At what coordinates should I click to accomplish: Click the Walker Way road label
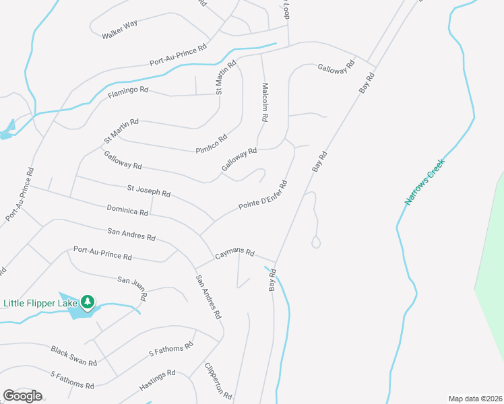pyautogui.click(x=119, y=29)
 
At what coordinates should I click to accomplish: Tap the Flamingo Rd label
pyautogui.click(x=127, y=90)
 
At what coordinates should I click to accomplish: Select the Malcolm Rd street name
pyautogui.click(x=265, y=102)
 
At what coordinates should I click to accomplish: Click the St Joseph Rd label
pyautogui.click(x=148, y=191)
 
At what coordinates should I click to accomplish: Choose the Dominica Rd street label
pyautogui.click(x=127, y=209)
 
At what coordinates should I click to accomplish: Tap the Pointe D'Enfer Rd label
pyautogui.click(x=263, y=195)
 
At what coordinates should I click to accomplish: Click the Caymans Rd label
pyautogui.click(x=234, y=254)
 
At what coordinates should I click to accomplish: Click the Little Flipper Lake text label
pyautogui.click(x=40, y=303)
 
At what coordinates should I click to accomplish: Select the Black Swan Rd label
pyautogui.click(x=74, y=356)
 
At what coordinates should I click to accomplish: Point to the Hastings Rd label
pyautogui.click(x=157, y=381)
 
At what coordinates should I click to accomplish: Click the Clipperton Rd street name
pyautogui.click(x=219, y=381)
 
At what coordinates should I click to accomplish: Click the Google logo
pyautogui.click(x=22, y=396)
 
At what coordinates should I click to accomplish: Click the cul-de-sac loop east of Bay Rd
pyautogui.click(x=316, y=242)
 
